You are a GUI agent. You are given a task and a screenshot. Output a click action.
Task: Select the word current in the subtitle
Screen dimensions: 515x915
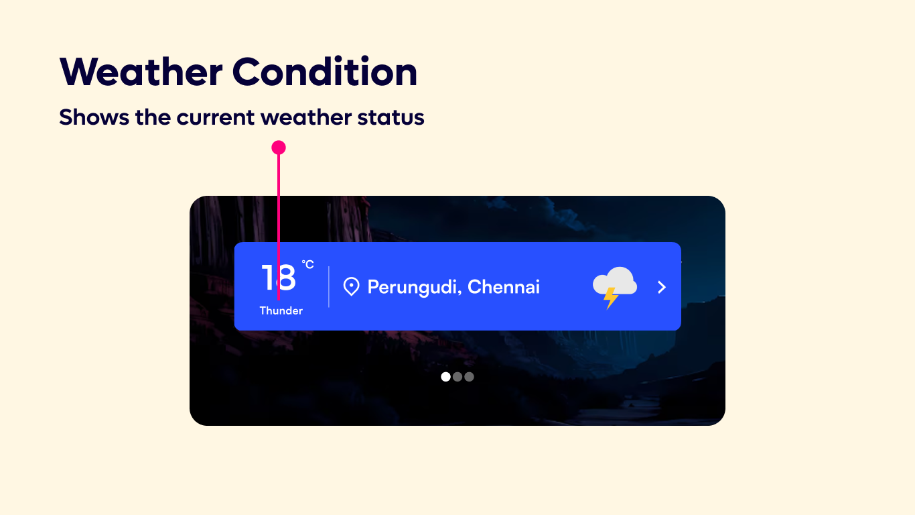click(216, 118)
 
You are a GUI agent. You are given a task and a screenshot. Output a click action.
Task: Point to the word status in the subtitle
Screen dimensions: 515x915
click(400, 118)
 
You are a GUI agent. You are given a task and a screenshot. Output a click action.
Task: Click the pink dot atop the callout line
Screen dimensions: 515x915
click(279, 148)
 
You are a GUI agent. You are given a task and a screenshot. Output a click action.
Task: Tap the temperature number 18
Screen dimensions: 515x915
click(279, 278)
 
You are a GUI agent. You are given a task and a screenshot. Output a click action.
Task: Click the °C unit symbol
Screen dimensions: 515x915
click(307, 265)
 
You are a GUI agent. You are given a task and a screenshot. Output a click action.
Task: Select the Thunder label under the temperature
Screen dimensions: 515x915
click(281, 310)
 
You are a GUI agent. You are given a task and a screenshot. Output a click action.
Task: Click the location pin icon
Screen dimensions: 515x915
click(351, 287)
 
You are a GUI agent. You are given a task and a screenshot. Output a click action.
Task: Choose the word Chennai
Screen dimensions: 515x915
click(504, 287)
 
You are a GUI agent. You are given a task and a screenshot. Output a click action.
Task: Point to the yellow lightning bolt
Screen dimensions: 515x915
click(610, 298)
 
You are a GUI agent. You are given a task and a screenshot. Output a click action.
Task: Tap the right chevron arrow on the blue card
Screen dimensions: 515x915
click(662, 287)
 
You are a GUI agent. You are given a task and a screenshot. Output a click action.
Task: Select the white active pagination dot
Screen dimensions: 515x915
click(445, 377)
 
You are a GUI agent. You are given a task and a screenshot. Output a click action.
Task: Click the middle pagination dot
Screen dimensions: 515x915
click(457, 377)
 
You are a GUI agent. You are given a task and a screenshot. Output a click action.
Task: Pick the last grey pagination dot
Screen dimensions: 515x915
click(469, 377)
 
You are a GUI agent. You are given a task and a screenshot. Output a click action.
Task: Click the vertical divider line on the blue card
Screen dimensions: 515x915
click(329, 287)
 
